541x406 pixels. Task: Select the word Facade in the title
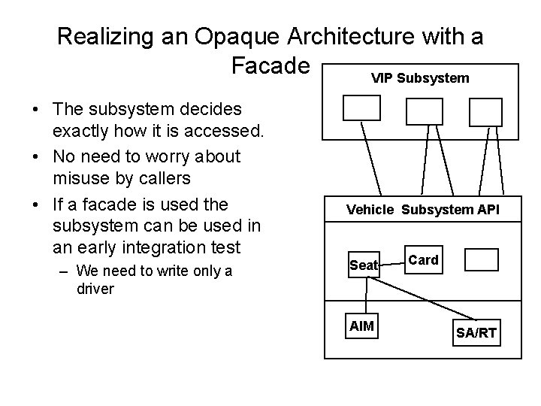tap(271, 66)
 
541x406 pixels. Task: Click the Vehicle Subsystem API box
tap(422, 210)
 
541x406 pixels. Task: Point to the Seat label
tap(363, 265)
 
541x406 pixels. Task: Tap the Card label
tap(424, 259)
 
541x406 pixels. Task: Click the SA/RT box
tap(476, 332)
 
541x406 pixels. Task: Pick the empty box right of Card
tap(482, 260)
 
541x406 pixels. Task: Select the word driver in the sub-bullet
tap(95, 289)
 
